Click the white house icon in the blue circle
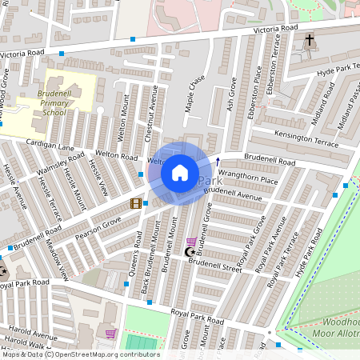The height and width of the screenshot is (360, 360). tap(180, 173)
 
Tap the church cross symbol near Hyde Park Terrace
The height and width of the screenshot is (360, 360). tap(310, 39)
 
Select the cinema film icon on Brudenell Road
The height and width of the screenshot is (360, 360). tap(136, 204)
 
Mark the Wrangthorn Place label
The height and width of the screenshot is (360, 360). tap(248, 181)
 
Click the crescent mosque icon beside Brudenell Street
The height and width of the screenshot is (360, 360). tap(190, 253)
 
